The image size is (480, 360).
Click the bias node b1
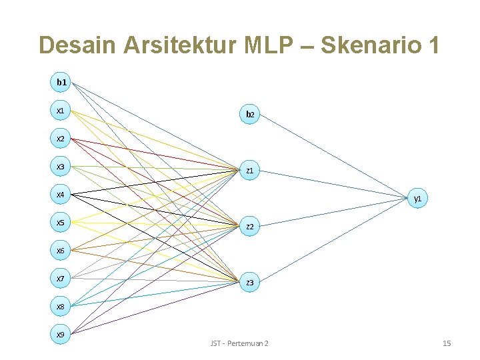[x=61, y=82]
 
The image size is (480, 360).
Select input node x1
[x=61, y=110]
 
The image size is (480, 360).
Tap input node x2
[x=61, y=139]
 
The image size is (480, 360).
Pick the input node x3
[x=61, y=167]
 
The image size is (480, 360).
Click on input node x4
[x=61, y=195]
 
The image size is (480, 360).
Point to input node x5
[x=61, y=223]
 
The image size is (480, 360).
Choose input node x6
[x=61, y=251]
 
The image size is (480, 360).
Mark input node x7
[x=61, y=279]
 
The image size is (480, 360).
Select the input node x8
[x=61, y=307]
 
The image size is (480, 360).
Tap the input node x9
[x=61, y=333]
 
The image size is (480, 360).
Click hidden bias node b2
[x=250, y=115]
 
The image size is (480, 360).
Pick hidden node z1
[x=250, y=171]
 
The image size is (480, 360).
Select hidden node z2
[x=250, y=227]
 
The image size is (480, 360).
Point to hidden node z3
[x=250, y=283]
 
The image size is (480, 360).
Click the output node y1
[x=417, y=199]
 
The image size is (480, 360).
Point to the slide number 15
[x=447, y=343]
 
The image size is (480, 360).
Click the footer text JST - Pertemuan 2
[x=239, y=343]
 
